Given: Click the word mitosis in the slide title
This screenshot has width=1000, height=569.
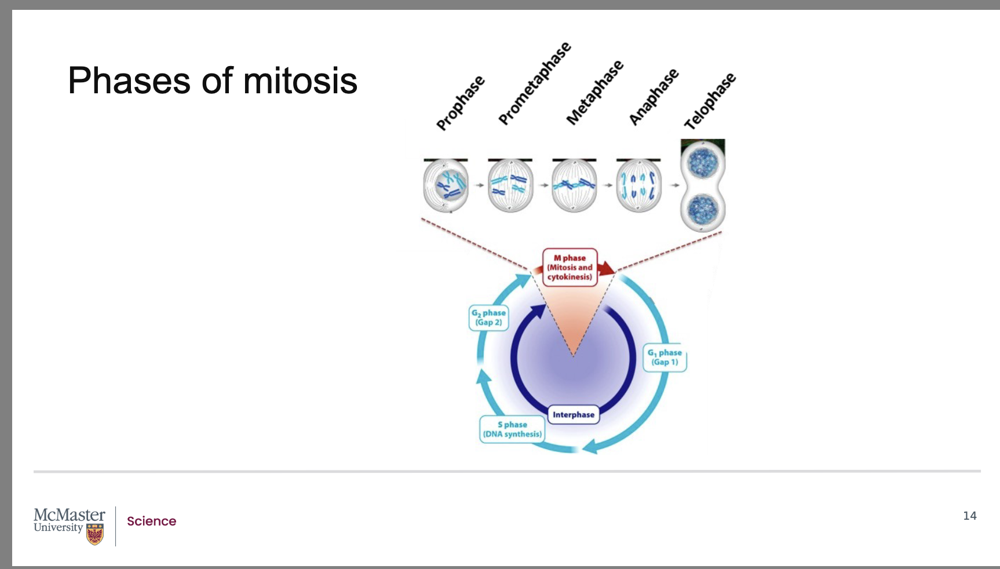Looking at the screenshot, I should [300, 81].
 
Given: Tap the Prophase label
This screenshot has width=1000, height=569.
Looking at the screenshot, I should [461, 103].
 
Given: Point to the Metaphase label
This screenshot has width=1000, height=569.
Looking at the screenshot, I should [595, 92].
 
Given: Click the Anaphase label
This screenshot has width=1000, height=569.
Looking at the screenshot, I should [654, 96].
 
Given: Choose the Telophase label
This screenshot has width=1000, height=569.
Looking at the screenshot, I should [710, 101].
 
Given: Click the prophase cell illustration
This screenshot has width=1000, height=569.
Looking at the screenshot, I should [446, 186].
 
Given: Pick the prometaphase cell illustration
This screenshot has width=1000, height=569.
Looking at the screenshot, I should [510, 186].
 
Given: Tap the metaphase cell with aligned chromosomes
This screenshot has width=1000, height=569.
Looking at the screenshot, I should [574, 186].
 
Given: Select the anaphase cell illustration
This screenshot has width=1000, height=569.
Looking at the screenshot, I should [638, 186].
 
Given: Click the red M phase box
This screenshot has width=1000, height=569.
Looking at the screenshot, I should [570, 267].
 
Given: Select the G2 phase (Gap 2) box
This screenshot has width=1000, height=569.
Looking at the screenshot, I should [488, 318].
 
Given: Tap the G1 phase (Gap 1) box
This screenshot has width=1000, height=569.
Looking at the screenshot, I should [665, 357].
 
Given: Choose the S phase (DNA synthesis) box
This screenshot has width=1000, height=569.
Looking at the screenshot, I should [512, 429].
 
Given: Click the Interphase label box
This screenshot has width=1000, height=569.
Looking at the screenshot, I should [574, 414].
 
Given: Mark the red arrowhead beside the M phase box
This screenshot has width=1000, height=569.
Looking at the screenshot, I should [607, 268].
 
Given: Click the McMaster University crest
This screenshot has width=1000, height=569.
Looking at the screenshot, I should [95, 534].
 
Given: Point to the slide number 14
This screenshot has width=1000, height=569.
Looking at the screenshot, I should [969, 516].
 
